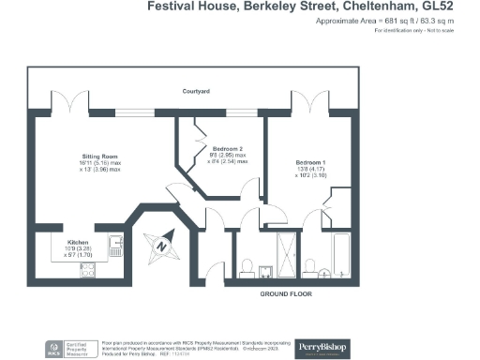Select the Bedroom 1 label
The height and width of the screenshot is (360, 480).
click(301, 163)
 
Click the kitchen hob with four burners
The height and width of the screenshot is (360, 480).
click(92, 271)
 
